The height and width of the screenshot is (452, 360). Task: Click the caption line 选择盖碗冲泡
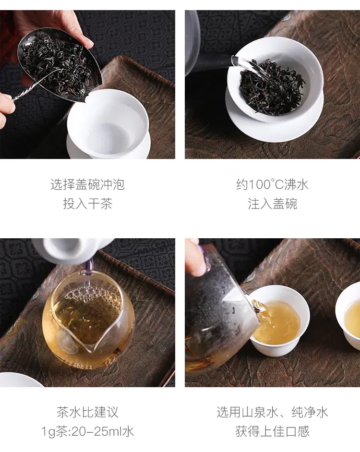pyautogui.click(x=87, y=184)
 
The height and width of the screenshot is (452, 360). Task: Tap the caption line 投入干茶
pyautogui.click(x=87, y=204)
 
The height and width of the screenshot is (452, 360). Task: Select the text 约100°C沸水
pyautogui.click(x=272, y=184)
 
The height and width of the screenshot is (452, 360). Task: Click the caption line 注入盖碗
pyautogui.click(x=272, y=204)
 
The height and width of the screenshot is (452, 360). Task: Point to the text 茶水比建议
pyautogui.click(x=87, y=412)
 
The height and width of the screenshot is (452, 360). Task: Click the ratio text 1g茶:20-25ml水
pyautogui.click(x=87, y=431)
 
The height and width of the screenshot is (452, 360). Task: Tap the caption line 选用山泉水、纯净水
pyautogui.click(x=272, y=412)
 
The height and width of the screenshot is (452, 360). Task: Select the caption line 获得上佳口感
pyautogui.click(x=272, y=431)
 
